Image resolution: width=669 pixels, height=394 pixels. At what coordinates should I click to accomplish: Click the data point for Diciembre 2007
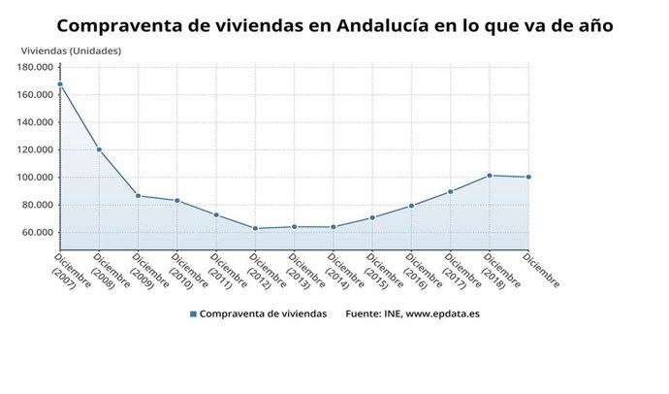click(x=60, y=84)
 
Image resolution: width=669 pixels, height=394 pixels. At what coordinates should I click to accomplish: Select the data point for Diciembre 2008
click(x=99, y=149)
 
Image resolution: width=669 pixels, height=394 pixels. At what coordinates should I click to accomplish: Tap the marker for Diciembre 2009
click(x=138, y=196)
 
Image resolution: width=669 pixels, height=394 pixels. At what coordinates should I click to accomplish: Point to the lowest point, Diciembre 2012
click(x=255, y=229)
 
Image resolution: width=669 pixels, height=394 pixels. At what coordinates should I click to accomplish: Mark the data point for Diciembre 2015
click(x=372, y=217)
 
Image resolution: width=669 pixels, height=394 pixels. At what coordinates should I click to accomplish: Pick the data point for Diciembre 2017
click(x=451, y=191)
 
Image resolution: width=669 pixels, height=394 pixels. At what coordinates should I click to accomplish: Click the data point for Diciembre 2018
click(x=490, y=176)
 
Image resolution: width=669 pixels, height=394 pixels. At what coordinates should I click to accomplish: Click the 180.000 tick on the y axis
click(x=35, y=67)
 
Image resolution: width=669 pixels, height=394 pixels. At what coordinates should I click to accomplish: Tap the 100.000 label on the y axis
click(x=35, y=178)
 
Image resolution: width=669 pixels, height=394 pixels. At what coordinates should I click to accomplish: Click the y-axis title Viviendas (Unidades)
click(x=71, y=50)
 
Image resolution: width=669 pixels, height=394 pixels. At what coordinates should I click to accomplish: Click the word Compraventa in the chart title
click(x=116, y=23)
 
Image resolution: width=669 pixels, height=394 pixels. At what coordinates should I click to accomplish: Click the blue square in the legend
click(x=193, y=314)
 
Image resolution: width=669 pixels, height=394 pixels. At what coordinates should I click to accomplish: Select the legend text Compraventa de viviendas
click(x=263, y=314)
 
